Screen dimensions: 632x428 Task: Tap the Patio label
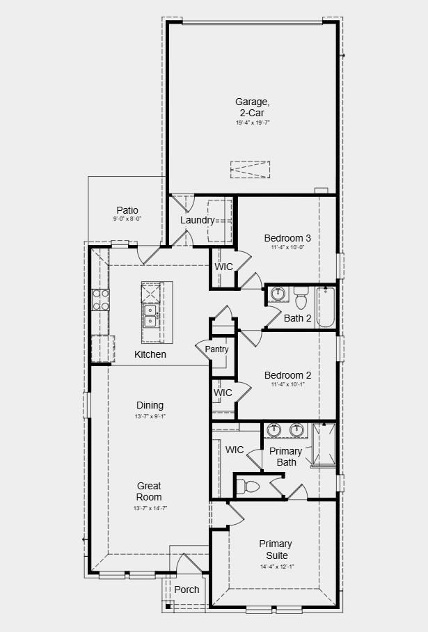point(127,210)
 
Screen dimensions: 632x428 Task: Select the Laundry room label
point(197,221)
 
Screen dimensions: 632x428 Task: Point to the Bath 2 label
point(298,319)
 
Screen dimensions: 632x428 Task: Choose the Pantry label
point(216,349)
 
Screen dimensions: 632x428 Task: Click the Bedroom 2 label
point(287,375)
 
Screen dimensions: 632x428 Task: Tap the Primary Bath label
point(286,457)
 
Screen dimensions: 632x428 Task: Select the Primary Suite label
point(276,549)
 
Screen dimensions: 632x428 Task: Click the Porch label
point(187,590)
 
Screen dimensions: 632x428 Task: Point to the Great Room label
point(149,491)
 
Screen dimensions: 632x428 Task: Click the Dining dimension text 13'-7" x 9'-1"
point(150,416)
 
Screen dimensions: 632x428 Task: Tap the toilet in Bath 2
point(301,299)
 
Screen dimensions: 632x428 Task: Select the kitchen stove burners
point(100,299)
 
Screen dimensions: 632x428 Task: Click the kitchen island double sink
point(150,315)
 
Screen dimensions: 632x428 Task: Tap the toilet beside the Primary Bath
point(249,486)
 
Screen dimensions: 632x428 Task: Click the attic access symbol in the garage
point(250,169)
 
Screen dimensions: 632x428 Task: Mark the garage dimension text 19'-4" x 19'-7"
point(252,123)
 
